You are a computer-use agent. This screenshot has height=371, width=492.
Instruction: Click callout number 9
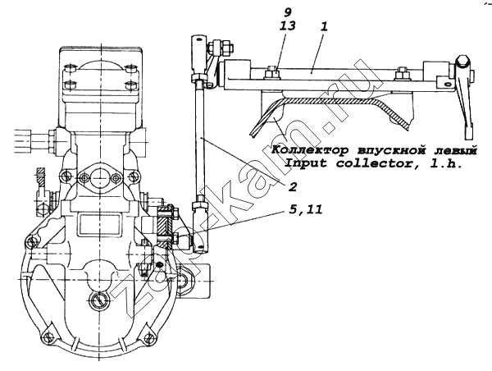pyautogui.click(x=288, y=12)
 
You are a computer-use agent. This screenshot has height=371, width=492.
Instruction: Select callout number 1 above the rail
pyautogui.click(x=324, y=26)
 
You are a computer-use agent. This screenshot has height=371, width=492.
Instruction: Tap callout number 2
pyautogui.click(x=292, y=187)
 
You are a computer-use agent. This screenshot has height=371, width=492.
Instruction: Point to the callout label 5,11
pyautogui.click(x=305, y=209)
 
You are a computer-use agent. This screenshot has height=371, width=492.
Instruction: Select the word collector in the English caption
pyautogui.click(x=376, y=163)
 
